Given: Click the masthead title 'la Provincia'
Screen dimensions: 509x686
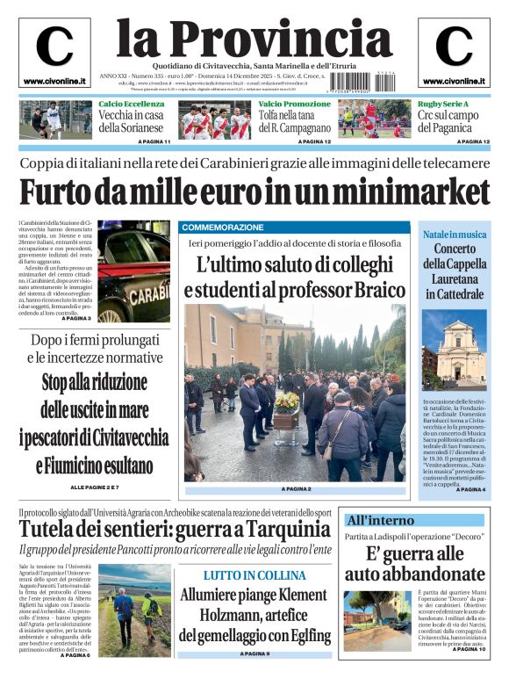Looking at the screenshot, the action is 254,39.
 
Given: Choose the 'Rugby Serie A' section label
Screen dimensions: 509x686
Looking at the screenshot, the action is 443,105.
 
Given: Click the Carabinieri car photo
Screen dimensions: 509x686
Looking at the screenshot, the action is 133,264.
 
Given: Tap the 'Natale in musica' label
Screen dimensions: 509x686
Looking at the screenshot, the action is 455,235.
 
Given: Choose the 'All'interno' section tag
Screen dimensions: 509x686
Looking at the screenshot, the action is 381,520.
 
